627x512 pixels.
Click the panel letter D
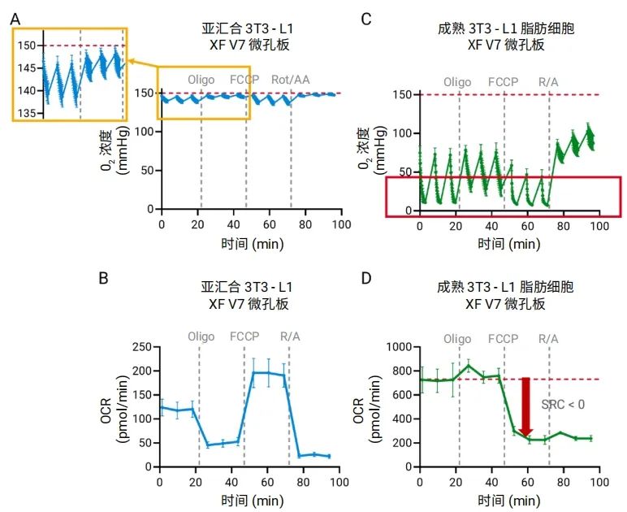pyautogui.click(x=366, y=279)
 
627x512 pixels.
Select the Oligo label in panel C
pyautogui.click(x=458, y=82)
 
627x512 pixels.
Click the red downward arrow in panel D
pyautogui.click(x=525, y=406)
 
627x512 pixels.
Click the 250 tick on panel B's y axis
pyautogui.click(x=143, y=347)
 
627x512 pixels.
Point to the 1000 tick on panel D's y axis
pyautogui.click(x=396, y=347)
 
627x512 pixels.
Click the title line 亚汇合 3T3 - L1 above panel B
pyautogui.click(x=247, y=287)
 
